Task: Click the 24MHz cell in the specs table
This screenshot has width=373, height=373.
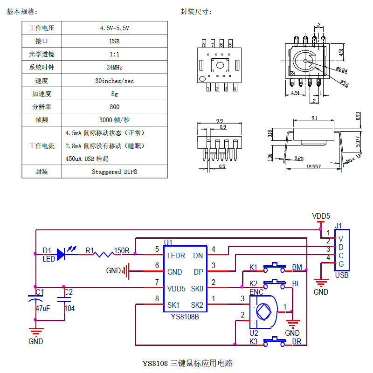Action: click(114, 67)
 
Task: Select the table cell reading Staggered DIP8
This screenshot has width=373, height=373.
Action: click(114, 172)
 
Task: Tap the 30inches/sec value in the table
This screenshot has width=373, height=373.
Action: click(114, 81)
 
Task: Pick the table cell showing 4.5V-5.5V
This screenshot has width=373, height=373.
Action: click(114, 28)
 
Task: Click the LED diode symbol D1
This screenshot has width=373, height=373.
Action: click(61, 254)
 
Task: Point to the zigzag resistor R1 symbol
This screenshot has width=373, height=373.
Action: click(104, 255)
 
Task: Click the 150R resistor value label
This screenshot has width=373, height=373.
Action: click(122, 250)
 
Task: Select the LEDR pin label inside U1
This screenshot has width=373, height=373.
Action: click(176, 256)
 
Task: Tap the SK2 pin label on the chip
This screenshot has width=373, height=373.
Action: click(197, 305)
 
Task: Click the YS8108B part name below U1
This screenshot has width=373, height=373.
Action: click(185, 317)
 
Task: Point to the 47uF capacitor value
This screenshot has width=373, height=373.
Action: click(43, 309)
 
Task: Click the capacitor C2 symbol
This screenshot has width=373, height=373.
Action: click(64, 299)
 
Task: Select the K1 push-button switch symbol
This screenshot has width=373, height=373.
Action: click(275, 268)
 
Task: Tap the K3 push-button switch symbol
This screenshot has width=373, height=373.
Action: click(275, 342)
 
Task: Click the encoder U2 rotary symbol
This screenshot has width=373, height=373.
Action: click(263, 312)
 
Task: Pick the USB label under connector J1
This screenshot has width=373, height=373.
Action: click(342, 275)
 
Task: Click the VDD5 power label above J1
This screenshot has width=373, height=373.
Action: click(321, 216)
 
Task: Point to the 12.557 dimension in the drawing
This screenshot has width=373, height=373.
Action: click(313, 166)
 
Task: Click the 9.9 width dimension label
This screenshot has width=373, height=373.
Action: click(219, 121)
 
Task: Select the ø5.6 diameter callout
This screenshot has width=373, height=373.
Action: click(345, 83)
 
